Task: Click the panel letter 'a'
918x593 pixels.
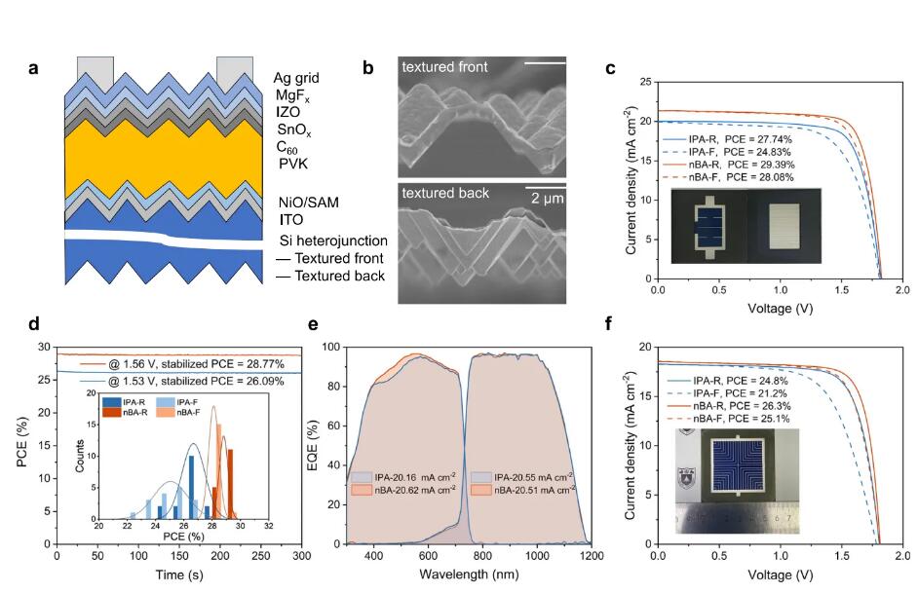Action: coord(33,69)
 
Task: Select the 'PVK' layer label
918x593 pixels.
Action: coord(292,165)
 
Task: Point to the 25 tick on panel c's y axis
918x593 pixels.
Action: coord(642,83)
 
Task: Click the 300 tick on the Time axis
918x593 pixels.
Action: coord(302,556)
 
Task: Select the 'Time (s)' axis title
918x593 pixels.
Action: coord(179,574)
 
